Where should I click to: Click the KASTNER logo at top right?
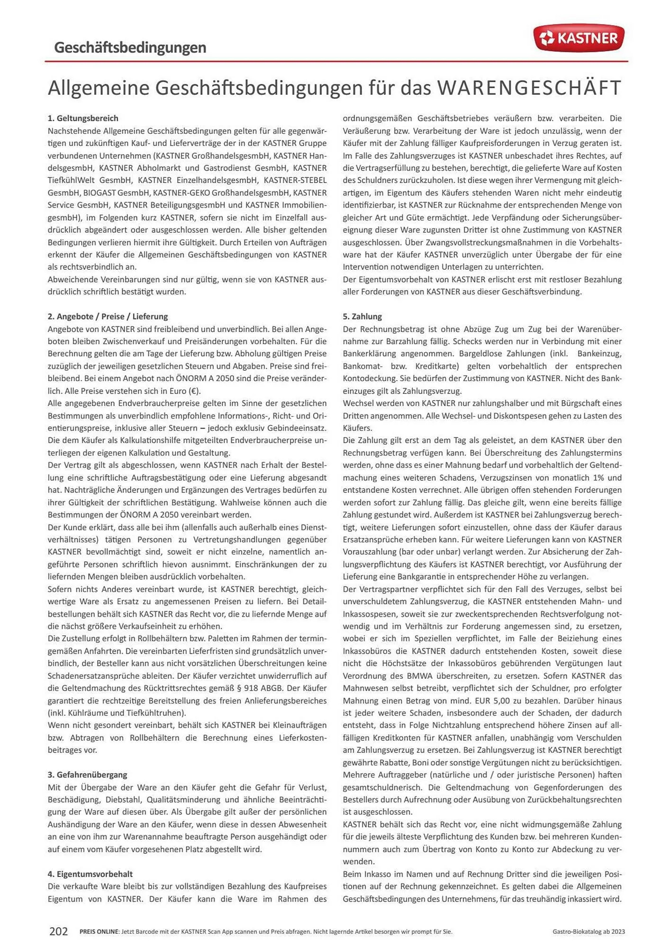[579, 38]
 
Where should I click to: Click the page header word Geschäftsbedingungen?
[130, 47]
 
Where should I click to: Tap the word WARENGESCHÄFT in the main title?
[529, 88]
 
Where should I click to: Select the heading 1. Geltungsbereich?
[83, 118]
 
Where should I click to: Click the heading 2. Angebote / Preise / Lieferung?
[108, 316]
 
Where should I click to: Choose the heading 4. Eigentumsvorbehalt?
[90, 874]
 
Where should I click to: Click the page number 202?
[59, 931]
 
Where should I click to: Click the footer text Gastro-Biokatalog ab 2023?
[589, 932]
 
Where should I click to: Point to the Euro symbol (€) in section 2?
[193, 391]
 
